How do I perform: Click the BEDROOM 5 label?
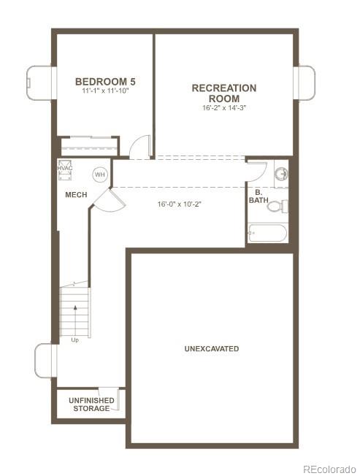click(105, 81)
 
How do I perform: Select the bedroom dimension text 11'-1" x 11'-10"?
click(105, 91)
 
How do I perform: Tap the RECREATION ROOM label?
click(223, 93)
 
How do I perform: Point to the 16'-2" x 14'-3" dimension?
click(223, 108)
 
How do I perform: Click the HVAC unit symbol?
click(65, 169)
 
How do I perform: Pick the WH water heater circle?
click(99, 174)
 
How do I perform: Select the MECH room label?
click(77, 195)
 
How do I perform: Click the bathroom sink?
click(280, 174)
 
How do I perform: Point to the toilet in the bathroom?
click(276, 206)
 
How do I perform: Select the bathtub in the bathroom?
click(267, 233)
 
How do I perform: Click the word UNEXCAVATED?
click(211, 349)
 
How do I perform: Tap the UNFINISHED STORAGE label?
click(90, 404)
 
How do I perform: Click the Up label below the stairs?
click(74, 340)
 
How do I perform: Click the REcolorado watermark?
click(329, 468)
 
